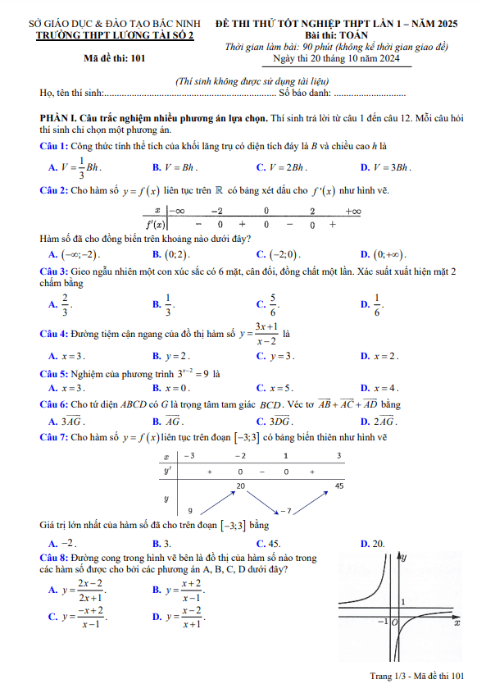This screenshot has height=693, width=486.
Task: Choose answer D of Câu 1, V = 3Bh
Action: pos(391,167)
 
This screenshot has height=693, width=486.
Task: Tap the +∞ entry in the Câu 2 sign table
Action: pos(353,212)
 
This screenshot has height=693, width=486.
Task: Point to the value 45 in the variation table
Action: pos(339,486)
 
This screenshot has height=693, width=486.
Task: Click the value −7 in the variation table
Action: pos(285,511)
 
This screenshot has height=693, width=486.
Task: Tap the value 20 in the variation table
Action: pos(241,486)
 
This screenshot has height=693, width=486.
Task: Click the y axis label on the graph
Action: pos(405,558)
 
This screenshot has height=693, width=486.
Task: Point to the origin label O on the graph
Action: pos(394,623)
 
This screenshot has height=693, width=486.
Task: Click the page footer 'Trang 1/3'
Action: pos(390,675)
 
